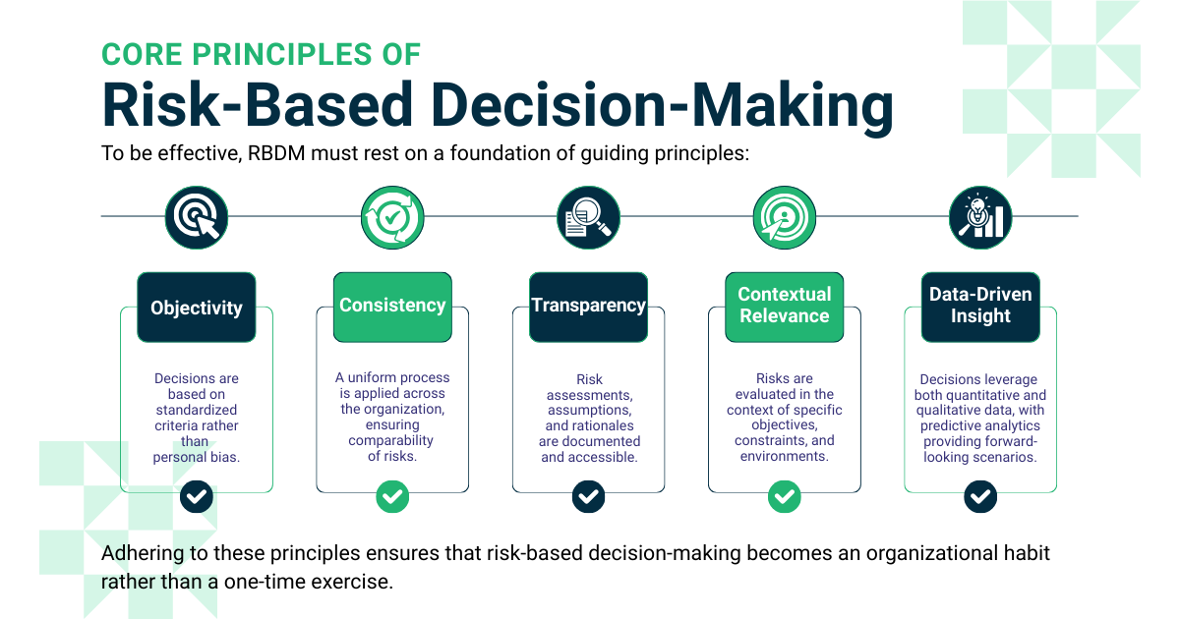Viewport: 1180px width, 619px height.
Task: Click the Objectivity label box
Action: (197, 308)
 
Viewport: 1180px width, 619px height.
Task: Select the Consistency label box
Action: (392, 306)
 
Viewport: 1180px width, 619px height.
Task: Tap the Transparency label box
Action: (588, 306)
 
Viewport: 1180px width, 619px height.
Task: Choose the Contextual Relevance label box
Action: (784, 305)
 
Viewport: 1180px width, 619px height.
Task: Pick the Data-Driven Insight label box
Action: (980, 306)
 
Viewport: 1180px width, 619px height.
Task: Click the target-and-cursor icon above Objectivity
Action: (197, 217)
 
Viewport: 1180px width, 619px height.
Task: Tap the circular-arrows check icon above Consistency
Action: (392, 217)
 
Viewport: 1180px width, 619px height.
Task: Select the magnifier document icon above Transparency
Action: (588, 217)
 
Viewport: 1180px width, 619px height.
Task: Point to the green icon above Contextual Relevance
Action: (784, 217)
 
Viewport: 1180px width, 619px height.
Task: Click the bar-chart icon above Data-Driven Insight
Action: (980, 217)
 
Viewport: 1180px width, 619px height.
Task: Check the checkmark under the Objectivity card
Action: (197, 496)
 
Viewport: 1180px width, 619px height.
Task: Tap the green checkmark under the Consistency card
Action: (392, 496)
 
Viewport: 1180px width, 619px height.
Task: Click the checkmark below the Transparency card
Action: (588, 496)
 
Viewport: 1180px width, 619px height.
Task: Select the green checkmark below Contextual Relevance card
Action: (784, 496)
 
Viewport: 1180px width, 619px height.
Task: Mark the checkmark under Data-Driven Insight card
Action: (980, 496)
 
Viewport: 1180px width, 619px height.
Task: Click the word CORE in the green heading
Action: (136, 53)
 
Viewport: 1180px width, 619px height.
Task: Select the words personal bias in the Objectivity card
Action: (197, 458)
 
